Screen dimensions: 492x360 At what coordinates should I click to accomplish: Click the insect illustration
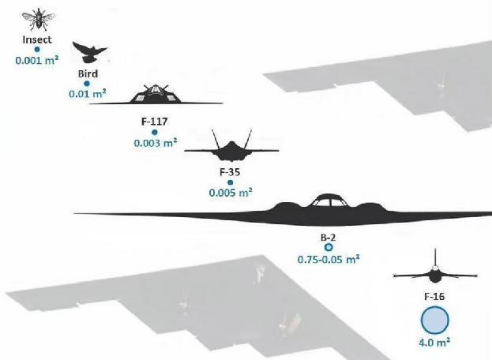point(38,19)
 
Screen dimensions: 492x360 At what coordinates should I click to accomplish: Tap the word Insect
point(37,39)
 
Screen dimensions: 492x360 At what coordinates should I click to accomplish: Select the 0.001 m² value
point(37,60)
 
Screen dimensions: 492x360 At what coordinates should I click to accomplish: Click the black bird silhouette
point(89,52)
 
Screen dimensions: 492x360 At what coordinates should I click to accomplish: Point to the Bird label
point(88,73)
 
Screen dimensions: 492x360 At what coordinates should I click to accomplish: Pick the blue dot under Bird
point(87,84)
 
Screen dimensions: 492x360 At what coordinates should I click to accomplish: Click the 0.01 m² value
point(88,93)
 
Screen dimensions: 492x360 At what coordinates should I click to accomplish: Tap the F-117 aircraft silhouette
point(156,95)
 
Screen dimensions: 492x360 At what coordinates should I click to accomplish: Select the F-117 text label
point(154,122)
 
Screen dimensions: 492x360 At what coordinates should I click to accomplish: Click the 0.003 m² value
point(156,143)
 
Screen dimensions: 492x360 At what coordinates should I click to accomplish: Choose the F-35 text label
point(230,172)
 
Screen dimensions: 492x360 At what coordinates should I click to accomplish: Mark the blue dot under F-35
point(231,182)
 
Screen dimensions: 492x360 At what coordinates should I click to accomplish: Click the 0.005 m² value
point(231,192)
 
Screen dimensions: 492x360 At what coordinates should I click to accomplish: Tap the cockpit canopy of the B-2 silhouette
point(328,200)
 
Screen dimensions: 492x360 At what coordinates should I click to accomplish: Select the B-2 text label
point(329,238)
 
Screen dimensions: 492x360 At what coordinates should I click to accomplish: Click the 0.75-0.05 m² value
point(329,259)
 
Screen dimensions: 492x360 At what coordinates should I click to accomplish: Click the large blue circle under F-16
point(434,321)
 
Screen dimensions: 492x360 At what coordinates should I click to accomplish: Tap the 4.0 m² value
point(435,342)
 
